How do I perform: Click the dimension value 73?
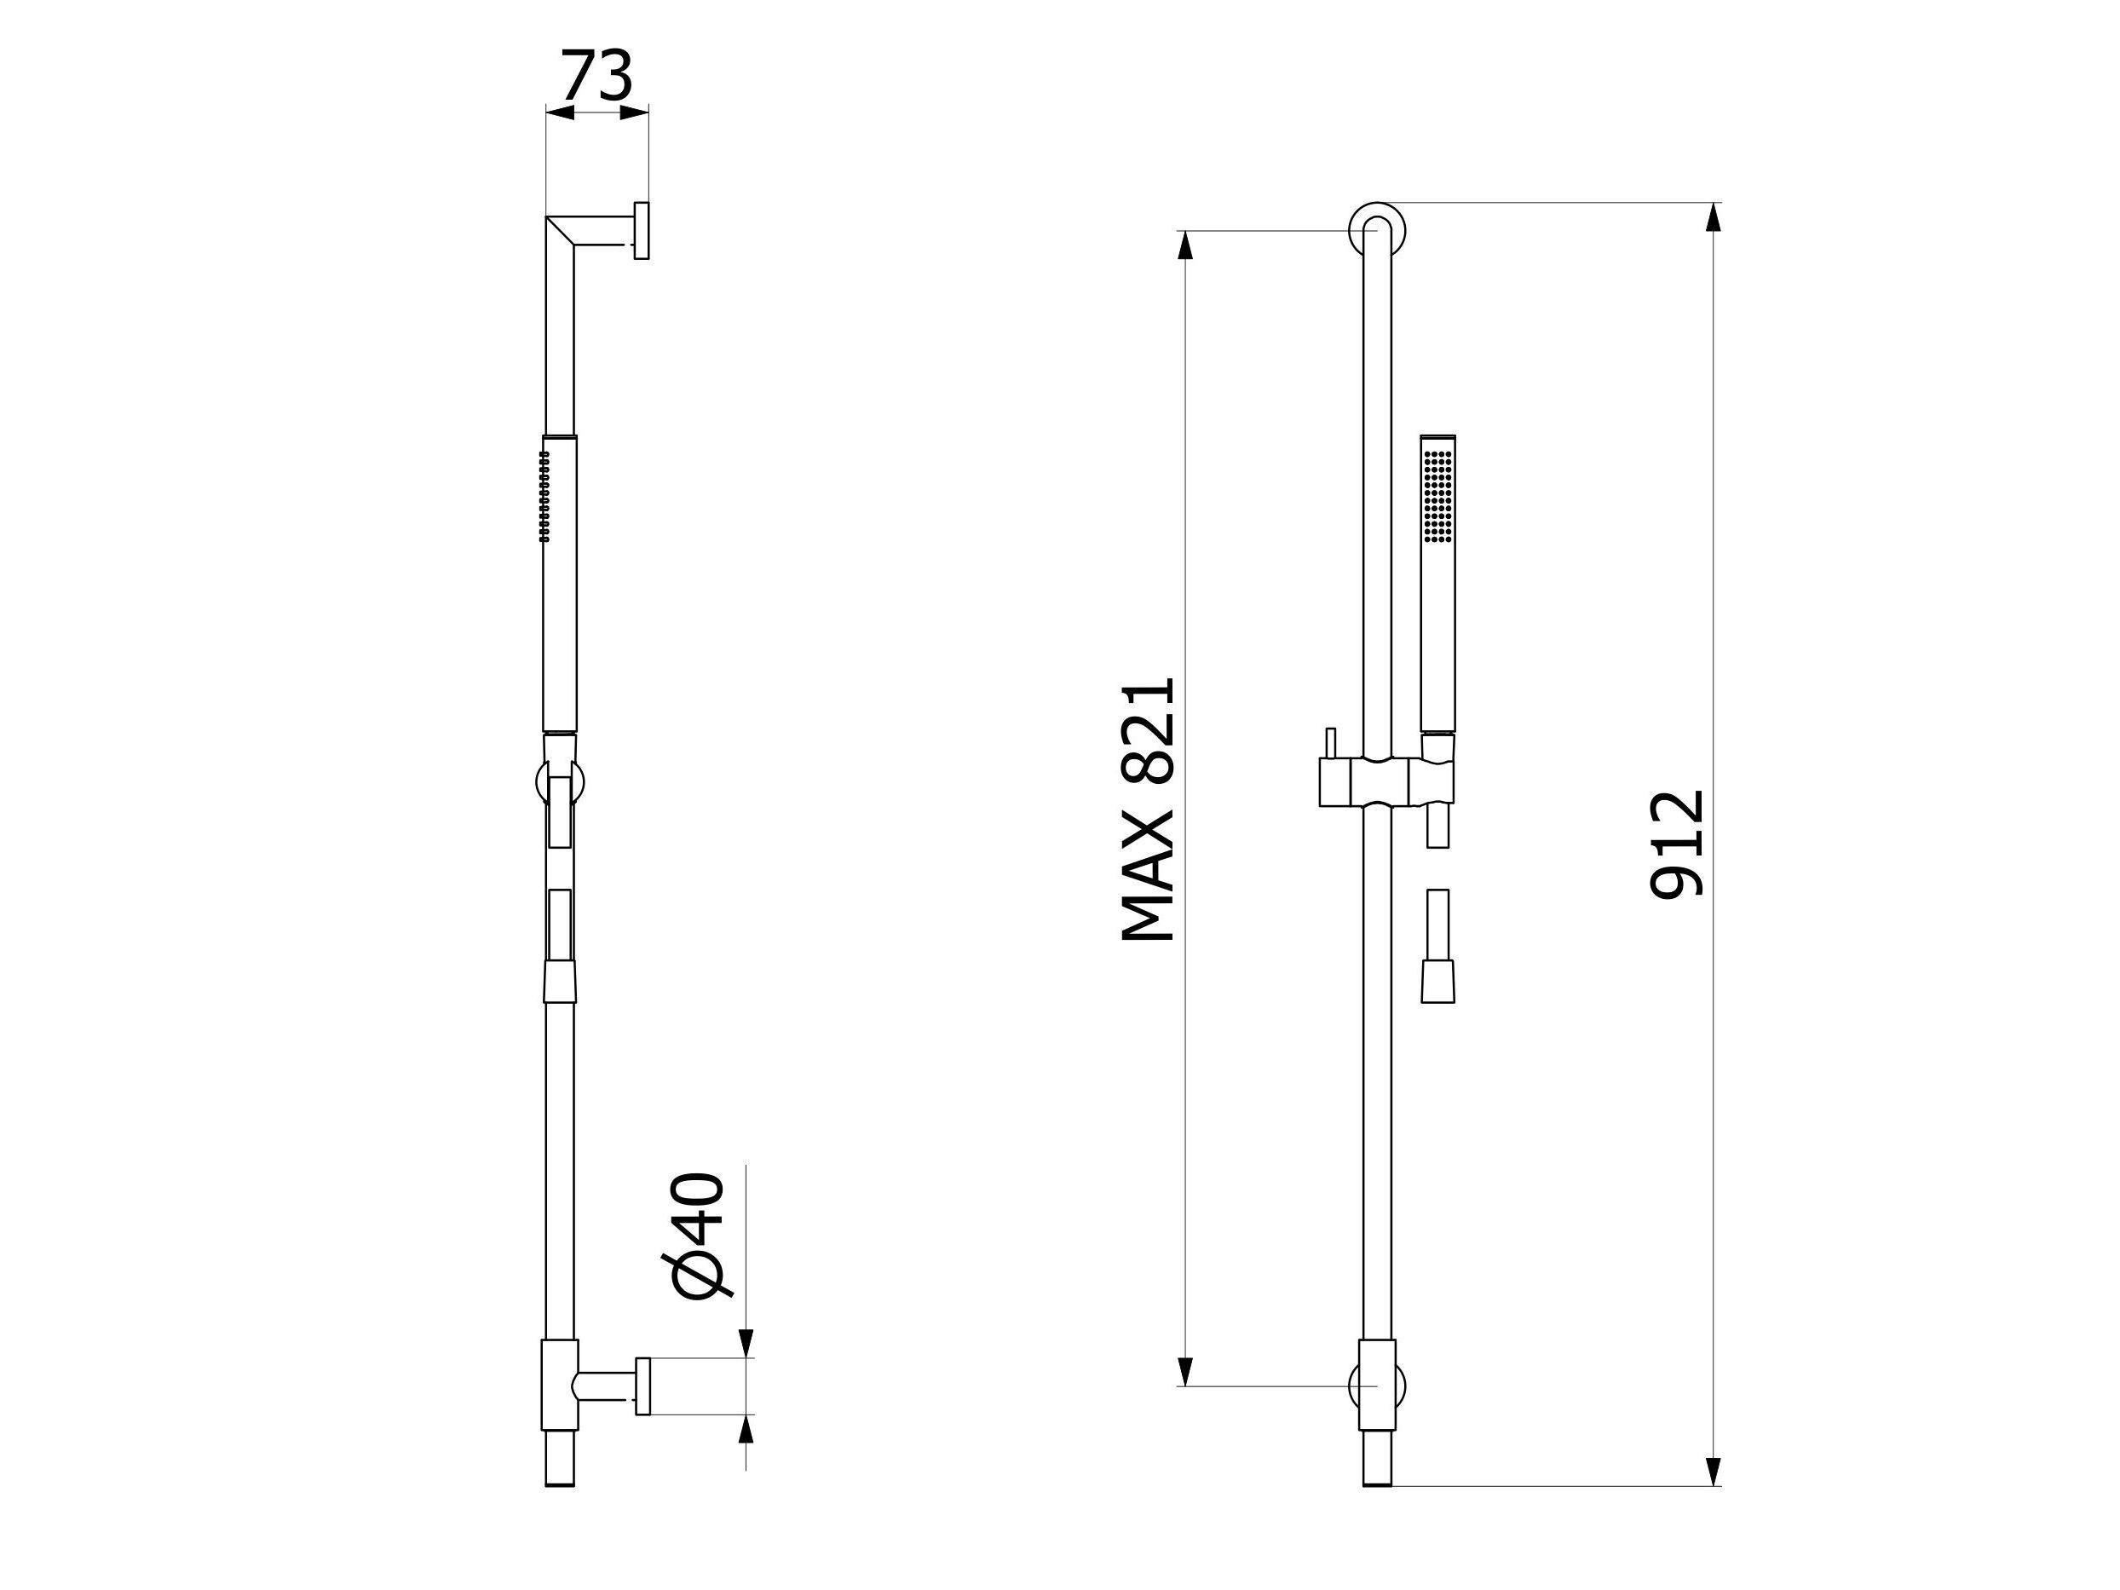pos(596,76)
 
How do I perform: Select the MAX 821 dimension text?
pos(1147,809)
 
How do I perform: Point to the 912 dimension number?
pos(1676,844)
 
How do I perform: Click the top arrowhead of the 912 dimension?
pos(1714,217)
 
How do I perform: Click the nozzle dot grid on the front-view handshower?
pos(1437,497)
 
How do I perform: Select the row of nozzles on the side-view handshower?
pos(544,497)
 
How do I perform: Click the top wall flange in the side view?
pos(641,231)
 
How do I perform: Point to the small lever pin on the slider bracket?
pos(1330,743)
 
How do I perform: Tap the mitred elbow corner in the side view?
pos(560,230)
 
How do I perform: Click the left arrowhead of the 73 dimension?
pos(560,113)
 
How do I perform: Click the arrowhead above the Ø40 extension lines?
pos(746,1342)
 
